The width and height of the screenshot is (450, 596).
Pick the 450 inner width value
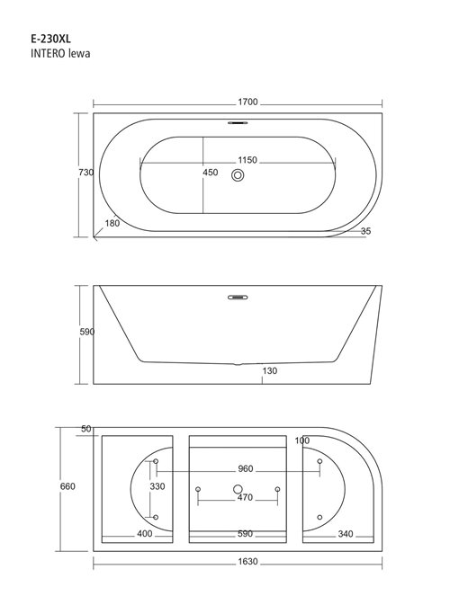210,173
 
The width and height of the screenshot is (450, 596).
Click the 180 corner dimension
112,223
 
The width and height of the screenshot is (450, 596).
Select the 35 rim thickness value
365,232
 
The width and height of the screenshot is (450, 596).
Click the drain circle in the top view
238,177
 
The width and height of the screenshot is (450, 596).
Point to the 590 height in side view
87,332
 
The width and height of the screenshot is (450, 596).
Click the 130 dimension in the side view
270,370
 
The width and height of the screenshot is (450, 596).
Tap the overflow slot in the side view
238,293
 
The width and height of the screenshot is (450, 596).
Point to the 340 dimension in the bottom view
343,534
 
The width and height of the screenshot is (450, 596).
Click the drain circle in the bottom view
238,490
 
